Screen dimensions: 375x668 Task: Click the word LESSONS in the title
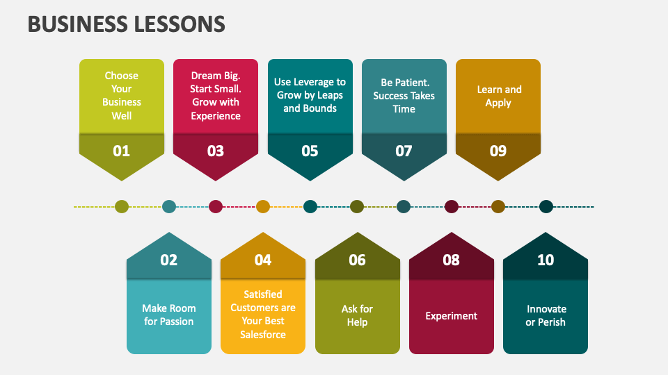click(177, 24)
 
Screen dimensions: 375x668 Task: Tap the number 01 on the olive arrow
click(122, 151)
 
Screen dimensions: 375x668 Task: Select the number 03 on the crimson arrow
click(216, 151)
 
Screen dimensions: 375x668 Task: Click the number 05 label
click(310, 151)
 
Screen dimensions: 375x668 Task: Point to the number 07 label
click(404, 151)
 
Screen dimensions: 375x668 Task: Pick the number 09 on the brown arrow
click(498, 151)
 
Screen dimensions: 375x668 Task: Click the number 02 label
click(169, 260)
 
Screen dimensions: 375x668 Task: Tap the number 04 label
click(263, 260)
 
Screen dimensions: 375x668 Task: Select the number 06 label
click(357, 260)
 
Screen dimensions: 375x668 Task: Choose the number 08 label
click(451, 260)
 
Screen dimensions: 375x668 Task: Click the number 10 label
click(546, 260)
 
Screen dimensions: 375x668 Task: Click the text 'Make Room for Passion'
click(169, 315)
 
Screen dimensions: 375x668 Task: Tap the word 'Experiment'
click(451, 316)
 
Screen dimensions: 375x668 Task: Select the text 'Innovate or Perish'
click(546, 315)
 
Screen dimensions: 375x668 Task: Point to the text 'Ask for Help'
click(357, 315)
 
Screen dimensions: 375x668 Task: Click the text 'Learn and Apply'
click(498, 96)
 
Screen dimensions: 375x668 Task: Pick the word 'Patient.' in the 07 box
click(416, 82)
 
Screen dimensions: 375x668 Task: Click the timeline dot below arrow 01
click(122, 206)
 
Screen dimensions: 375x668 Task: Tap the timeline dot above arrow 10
click(546, 206)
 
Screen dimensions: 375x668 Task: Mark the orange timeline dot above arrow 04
click(263, 206)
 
